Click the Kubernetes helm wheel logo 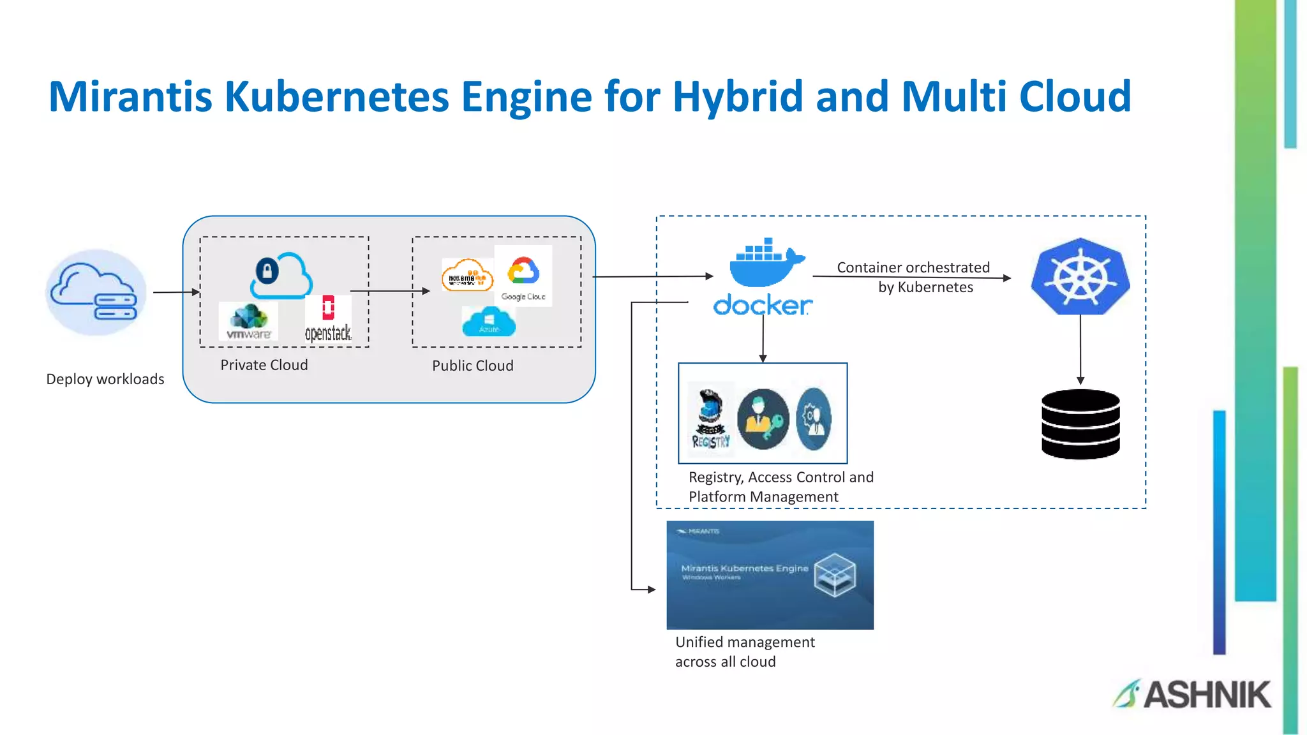coord(1080,277)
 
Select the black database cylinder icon coord(1080,424)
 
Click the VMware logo coord(248,322)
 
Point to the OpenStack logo coord(328,318)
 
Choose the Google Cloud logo coord(523,276)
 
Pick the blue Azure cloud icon coord(489,322)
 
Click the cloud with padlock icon coord(280,275)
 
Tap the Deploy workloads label coord(105,379)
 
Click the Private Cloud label coord(264,365)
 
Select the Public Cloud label coord(472,366)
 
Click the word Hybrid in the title coord(738,97)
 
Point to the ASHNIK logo coord(1192,694)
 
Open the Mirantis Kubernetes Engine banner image coord(770,575)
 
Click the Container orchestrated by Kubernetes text coord(914,277)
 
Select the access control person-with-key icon coord(763,419)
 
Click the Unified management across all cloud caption coord(744,651)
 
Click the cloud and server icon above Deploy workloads coord(96,292)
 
